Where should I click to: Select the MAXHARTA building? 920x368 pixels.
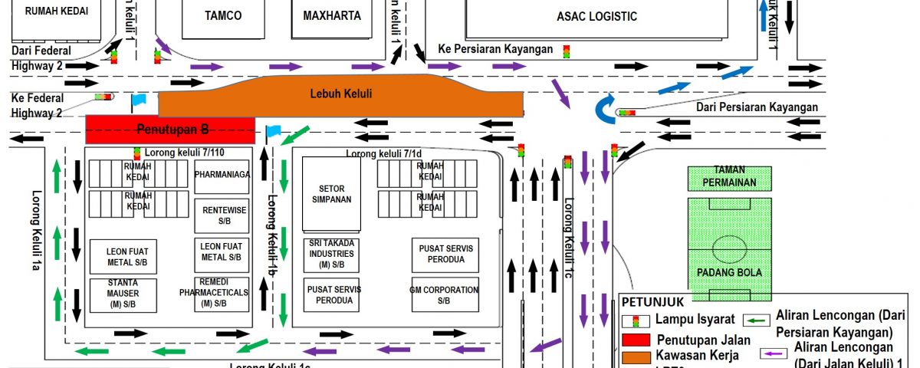331,15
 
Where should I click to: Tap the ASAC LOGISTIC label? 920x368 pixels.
597,16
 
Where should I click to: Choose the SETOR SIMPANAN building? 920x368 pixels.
331,192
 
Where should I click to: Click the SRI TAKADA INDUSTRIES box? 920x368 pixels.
331,254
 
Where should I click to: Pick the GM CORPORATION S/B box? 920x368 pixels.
444,295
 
